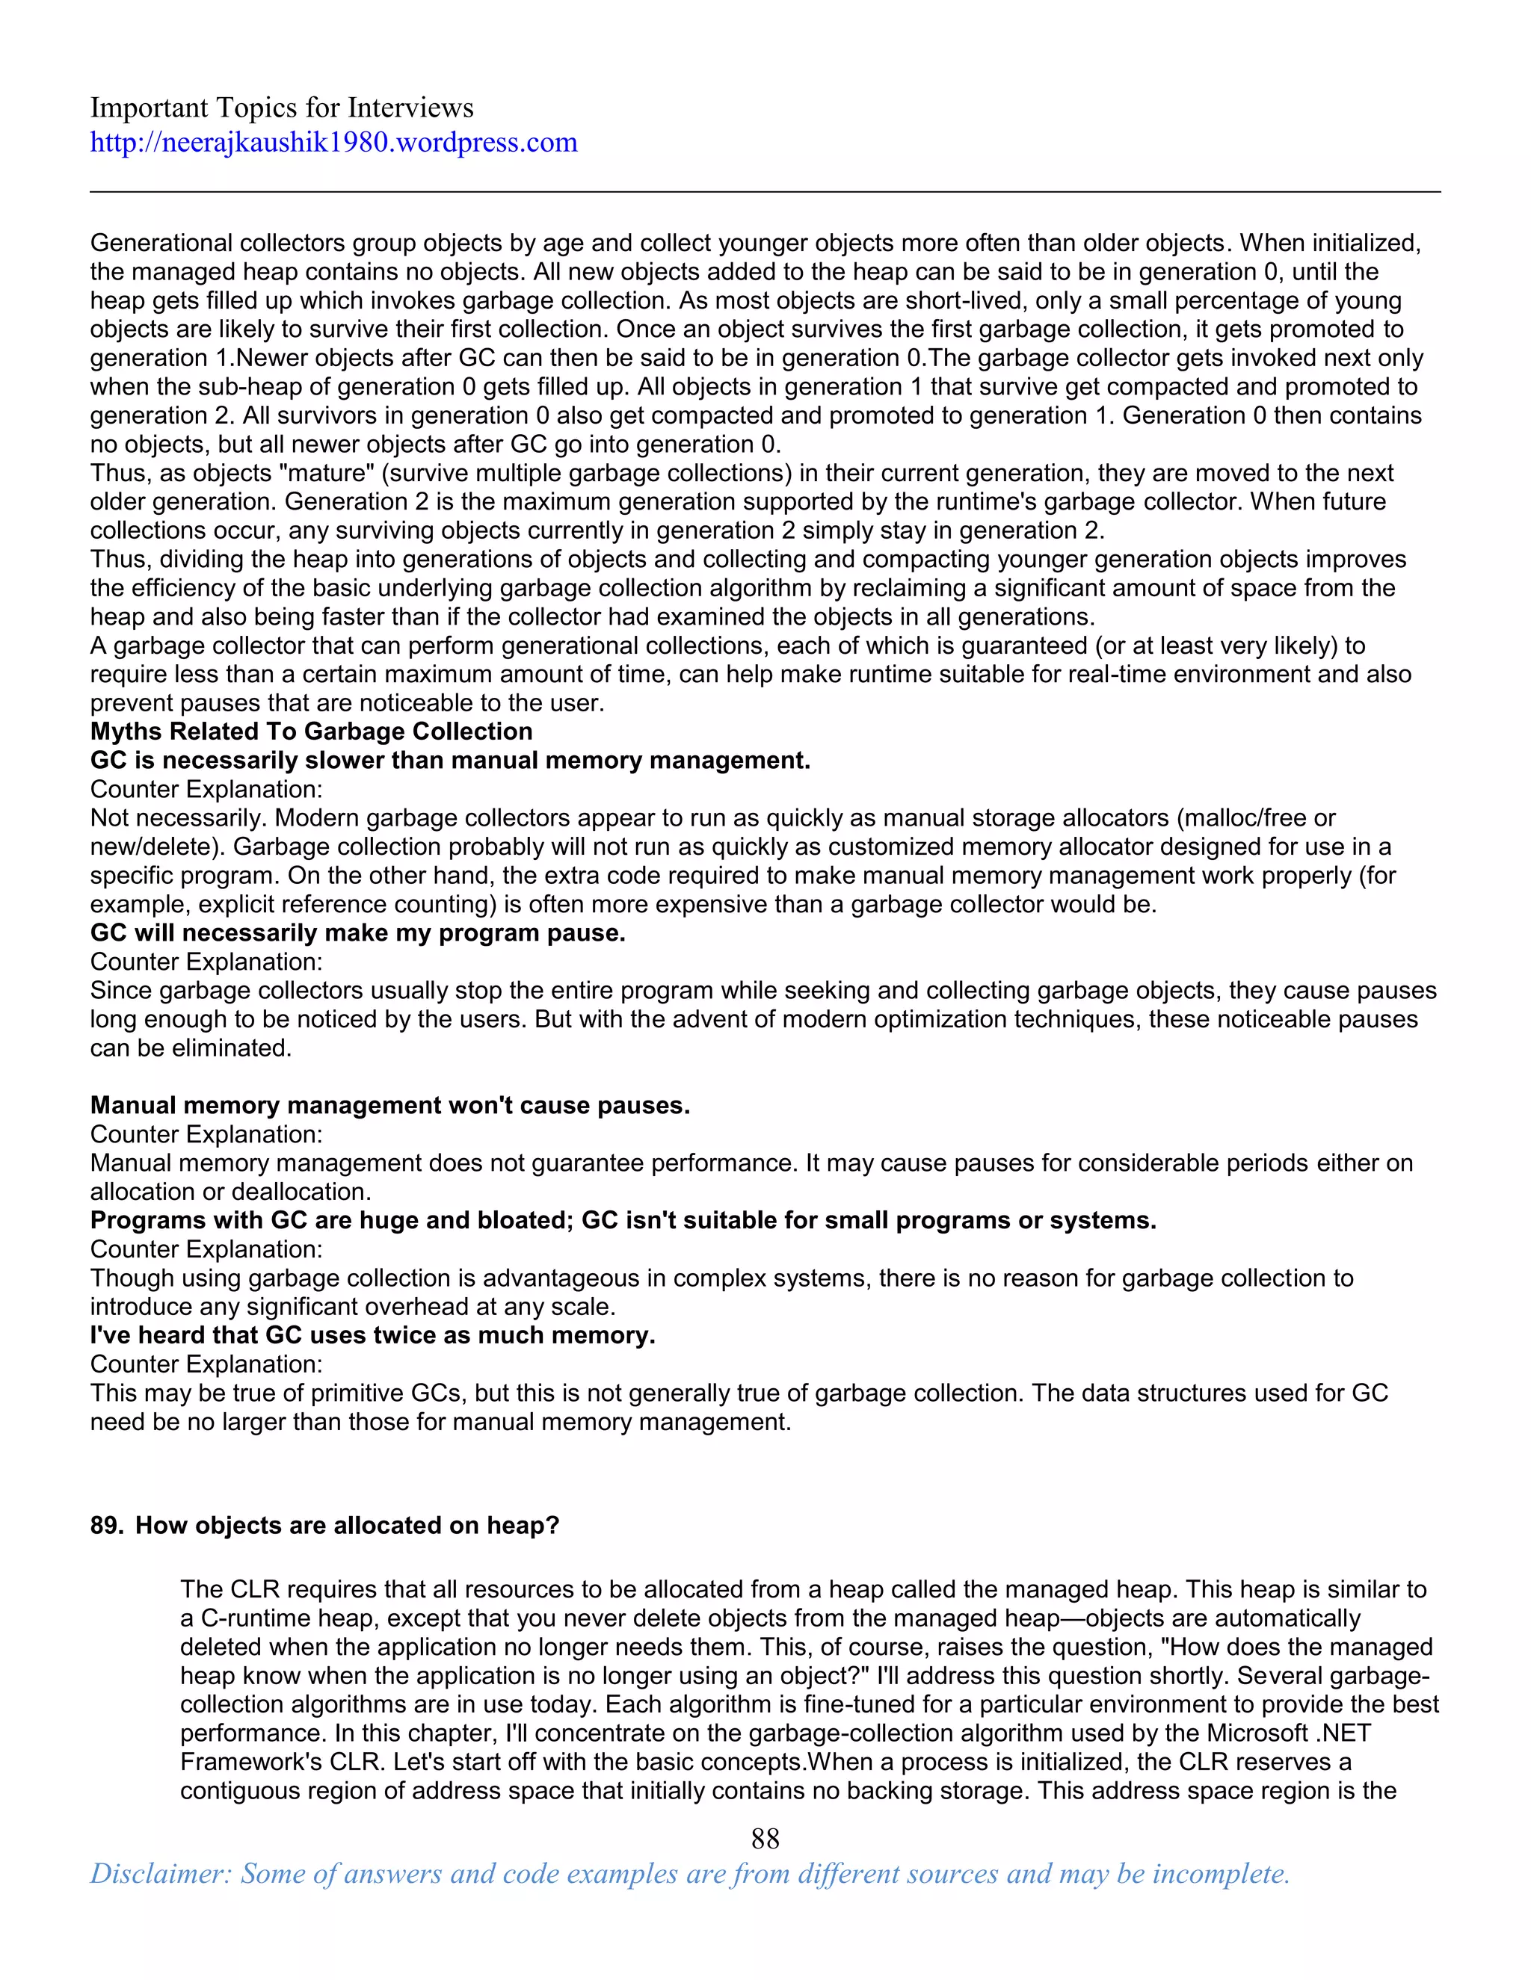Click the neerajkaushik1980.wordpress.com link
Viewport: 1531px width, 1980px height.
tap(333, 142)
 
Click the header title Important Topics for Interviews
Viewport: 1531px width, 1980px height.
tap(281, 108)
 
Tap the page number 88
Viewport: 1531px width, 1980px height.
tap(765, 1838)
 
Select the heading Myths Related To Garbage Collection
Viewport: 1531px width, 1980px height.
tap(311, 731)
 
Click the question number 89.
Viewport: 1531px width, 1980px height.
tap(105, 1526)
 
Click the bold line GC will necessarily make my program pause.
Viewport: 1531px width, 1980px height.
tap(357, 933)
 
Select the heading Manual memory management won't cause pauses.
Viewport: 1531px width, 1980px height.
tap(390, 1105)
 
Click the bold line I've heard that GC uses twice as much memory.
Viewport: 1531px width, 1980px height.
tap(372, 1335)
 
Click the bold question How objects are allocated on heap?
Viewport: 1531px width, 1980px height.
tap(348, 1526)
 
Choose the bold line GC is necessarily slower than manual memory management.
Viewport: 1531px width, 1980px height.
tap(450, 761)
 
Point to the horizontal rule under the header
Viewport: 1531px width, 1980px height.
tap(765, 191)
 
